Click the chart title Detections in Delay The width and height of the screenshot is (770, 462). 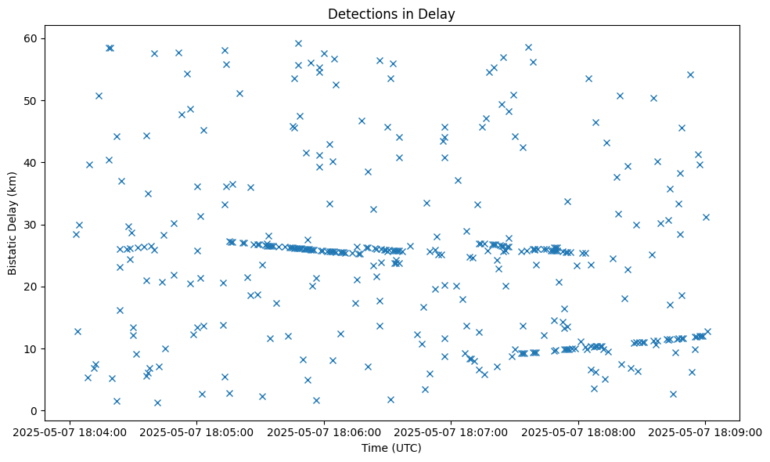coord(391,14)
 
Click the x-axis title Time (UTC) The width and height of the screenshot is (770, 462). coord(391,448)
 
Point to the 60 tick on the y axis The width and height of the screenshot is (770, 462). coord(32,38)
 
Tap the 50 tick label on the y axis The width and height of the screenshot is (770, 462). coord(32,100)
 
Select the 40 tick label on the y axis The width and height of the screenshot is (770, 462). coord(32,162)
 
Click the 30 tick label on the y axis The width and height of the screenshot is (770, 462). coord(32,225)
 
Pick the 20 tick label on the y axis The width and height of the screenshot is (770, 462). coord(32,287)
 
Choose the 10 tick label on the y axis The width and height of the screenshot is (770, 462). coord(32,348)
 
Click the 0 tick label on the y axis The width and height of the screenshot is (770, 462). coord(34,410)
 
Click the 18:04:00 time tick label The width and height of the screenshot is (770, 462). coord(70,431)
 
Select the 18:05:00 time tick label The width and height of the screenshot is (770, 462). coord(196,431)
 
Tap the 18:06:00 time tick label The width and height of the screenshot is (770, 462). coord(324,431)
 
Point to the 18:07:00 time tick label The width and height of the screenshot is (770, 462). coord(452,431)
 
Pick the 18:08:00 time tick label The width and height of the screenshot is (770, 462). coord(579,431)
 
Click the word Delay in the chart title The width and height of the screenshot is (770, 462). coord(439,14)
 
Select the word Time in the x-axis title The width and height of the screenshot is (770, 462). coord(373,448)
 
